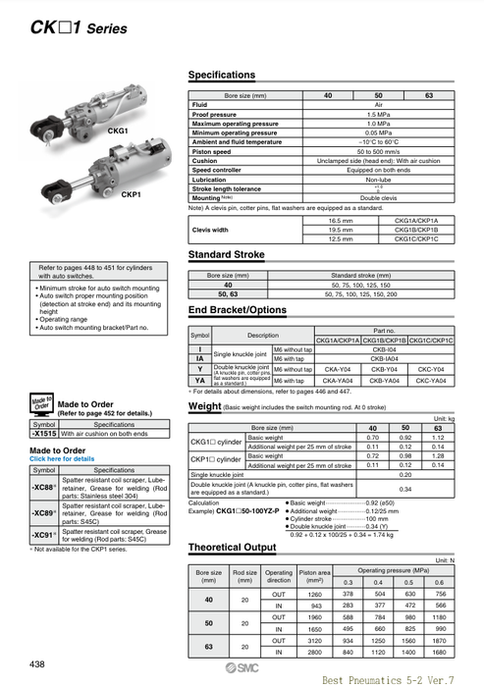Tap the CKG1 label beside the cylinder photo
(x=117, y=131)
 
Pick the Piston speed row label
(x=213, y=151)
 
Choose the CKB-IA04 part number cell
(x=384, y=359)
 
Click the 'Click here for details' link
(x=63, y=458)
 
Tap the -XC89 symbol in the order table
(x=44, y=512)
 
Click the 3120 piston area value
(x=314, y=639)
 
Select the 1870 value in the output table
(x=439, y=639)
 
